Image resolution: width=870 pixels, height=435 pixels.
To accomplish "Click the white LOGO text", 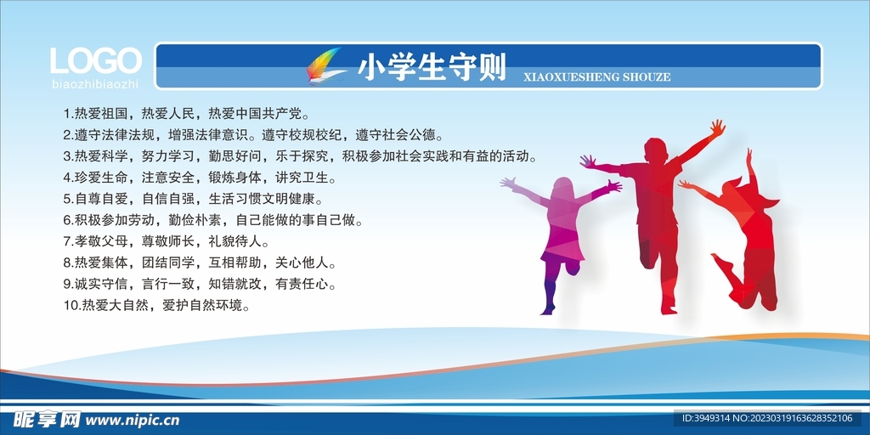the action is [x=95, y=60].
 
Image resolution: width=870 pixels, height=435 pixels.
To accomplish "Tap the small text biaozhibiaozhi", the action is [x=95, y=84].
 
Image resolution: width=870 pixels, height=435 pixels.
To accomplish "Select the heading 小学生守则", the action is [x=432, y=68].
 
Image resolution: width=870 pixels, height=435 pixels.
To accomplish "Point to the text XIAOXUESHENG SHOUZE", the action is [x=596, y=77].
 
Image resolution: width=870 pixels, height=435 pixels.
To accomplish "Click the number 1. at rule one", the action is [x=68, y=115].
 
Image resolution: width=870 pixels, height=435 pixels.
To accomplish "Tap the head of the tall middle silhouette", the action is [x=655, y=151].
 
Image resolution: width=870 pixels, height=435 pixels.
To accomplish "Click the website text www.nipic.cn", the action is [x=133, y=420].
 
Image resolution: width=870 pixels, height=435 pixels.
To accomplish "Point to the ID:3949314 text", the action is [x=704, y=418].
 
